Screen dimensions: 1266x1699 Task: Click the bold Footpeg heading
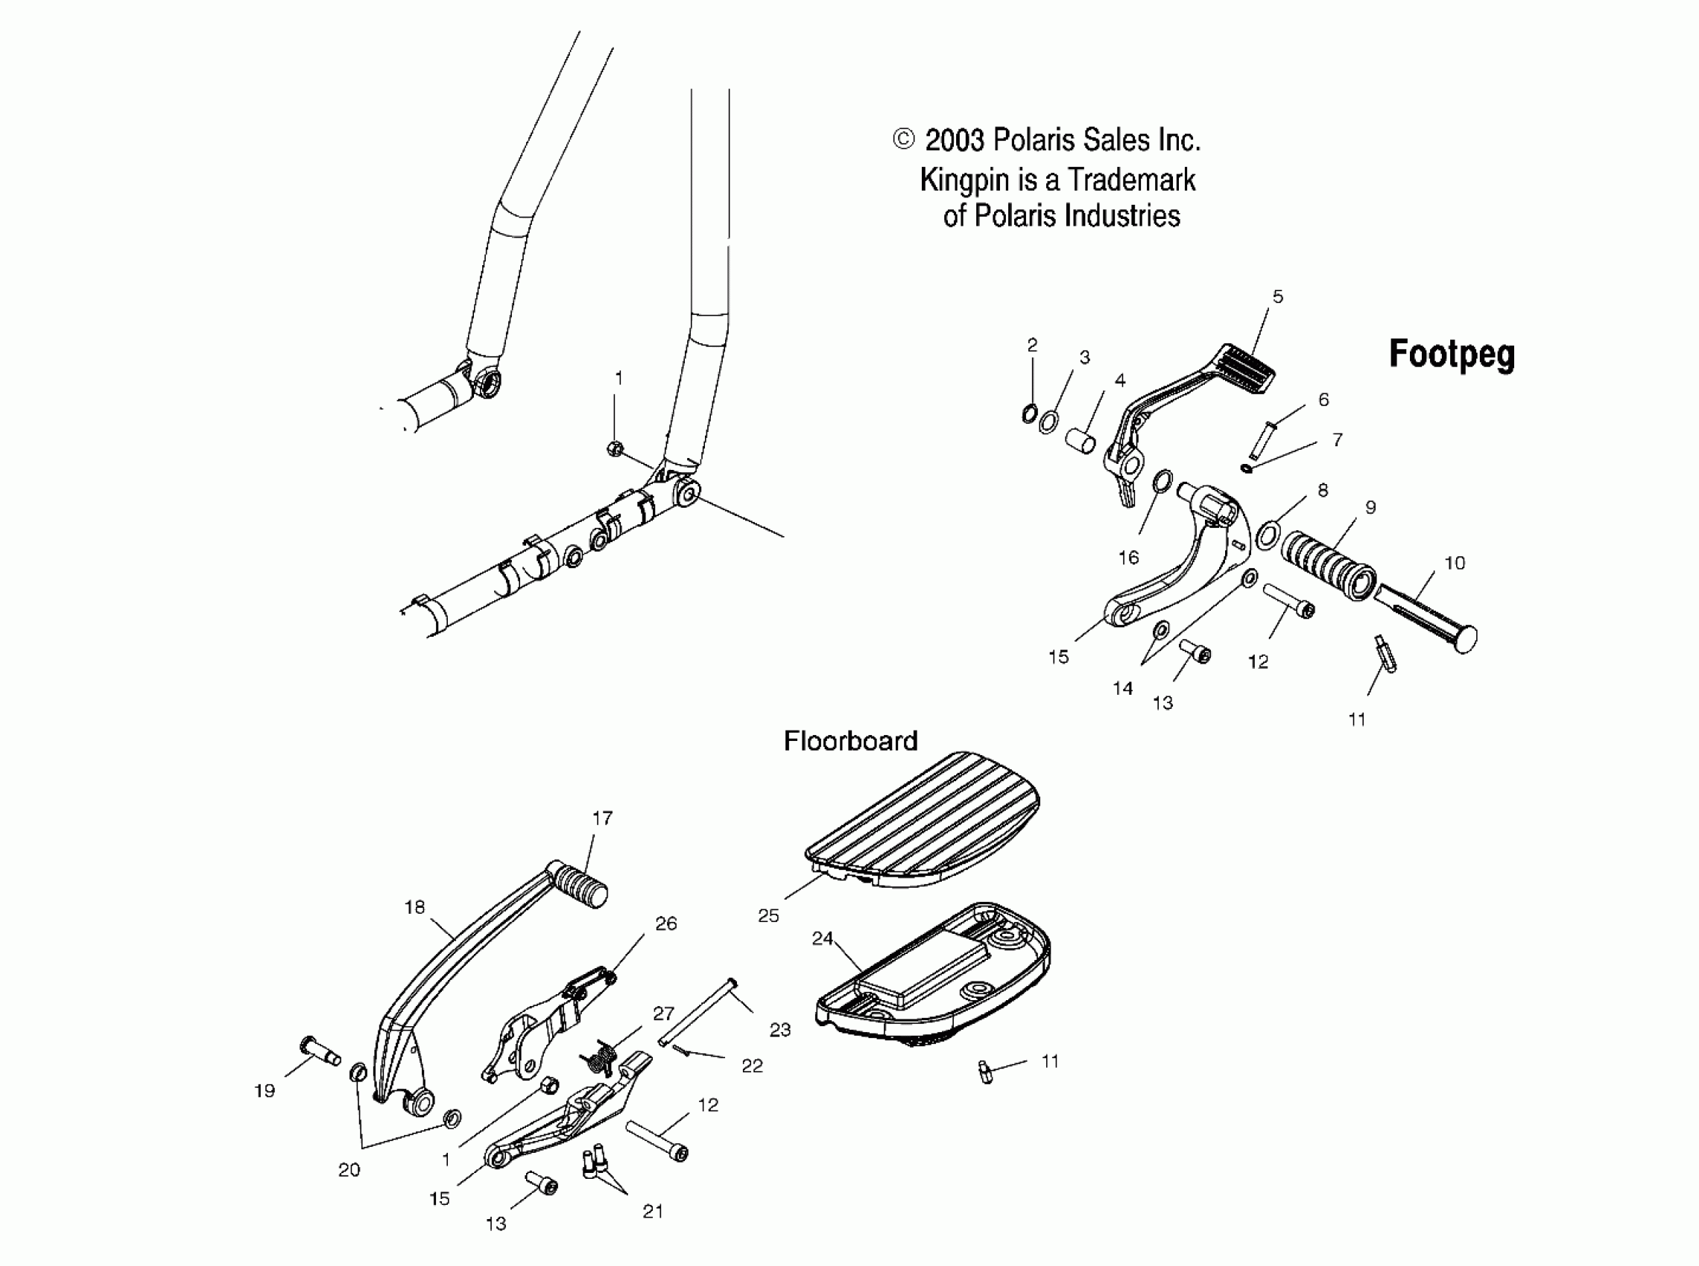(x=1452, y=354)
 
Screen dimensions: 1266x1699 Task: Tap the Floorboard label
(x=850, y=741)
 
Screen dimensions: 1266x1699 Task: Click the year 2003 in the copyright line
(x=954, y=140)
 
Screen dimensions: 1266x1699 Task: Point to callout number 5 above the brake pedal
(x=1277, y=296)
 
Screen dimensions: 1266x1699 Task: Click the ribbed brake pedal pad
(x=1247, y=368)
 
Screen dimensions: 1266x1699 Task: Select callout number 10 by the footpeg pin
(x=1455, y=563)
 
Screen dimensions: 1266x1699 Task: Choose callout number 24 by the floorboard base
(x=822, y=938)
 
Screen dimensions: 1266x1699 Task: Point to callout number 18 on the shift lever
(x=414, y=907)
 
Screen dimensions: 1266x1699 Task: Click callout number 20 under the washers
(x=349, y=1170)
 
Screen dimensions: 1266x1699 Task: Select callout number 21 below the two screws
(x=653, y=1211)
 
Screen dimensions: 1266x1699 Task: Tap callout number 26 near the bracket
(x=665, y=923)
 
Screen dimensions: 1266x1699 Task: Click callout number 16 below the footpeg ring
(x=1127, y=558)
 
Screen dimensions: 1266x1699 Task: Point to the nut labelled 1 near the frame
(x=614, y=448)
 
